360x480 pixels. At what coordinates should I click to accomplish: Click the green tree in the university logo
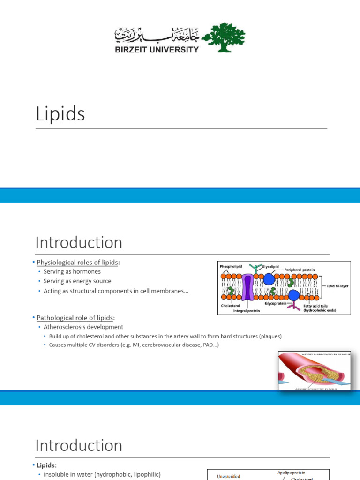click(223, 37)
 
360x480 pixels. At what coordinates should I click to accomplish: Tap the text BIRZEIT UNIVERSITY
click(157, 49)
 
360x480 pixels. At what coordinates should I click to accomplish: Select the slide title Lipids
click(60, 114)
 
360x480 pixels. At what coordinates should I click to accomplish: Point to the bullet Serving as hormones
click(72, 271)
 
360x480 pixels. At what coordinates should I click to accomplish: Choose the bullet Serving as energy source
click(77, 281)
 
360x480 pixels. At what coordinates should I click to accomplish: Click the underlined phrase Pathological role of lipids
click(75, 318)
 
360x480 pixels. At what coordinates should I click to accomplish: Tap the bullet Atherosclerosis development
click(83, 327)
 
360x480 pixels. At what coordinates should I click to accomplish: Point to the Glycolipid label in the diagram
click(270, 266)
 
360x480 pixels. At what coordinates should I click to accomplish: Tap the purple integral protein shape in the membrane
click(248, 287)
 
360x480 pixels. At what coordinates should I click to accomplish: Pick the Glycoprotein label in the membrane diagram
click(275, 304)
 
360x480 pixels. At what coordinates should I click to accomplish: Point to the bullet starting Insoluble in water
click(102, 474)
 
